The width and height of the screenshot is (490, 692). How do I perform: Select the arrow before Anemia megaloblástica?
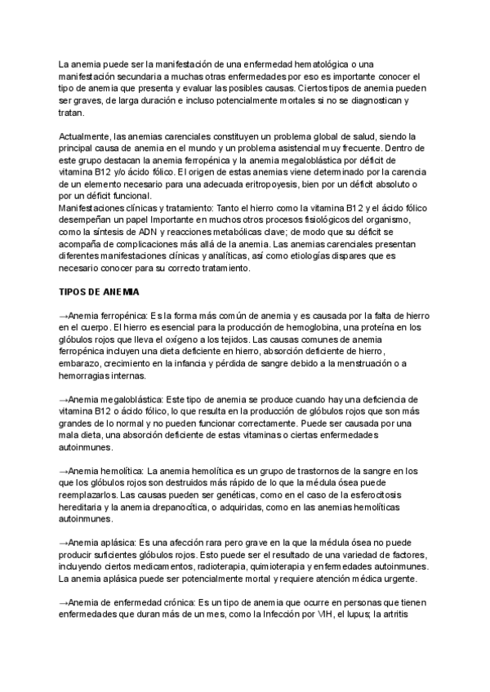(64, 400)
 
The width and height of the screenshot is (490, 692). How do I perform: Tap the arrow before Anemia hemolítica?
(64, 471)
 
